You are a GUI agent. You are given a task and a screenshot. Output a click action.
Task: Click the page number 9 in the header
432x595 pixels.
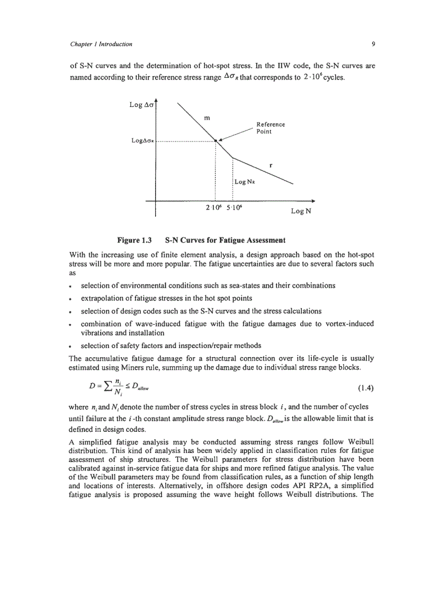tap(358, 43)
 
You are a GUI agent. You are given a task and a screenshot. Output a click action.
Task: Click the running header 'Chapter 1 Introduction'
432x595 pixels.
tap(101, 43)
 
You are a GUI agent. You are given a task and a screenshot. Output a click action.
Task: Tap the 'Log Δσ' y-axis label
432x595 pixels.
tap(141, 105)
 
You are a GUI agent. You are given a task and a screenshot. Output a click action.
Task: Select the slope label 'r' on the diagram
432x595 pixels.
tap(271, 165)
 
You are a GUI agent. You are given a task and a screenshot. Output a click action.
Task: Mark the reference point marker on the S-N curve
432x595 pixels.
tap(215, 141)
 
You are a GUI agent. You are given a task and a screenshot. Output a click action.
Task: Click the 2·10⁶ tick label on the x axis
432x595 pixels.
tap(214, 207)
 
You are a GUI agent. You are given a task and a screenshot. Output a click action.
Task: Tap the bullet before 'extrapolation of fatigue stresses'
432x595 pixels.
tap(72, 299)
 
